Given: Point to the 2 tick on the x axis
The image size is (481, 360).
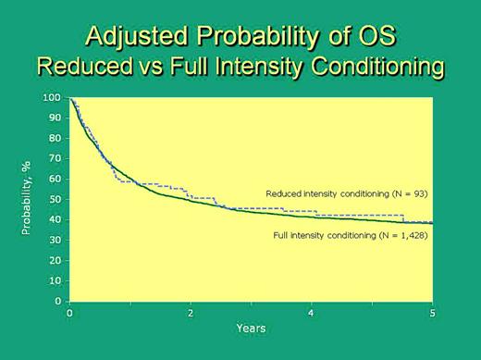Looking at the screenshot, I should [191, 313].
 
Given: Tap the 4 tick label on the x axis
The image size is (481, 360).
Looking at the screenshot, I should [312, 313].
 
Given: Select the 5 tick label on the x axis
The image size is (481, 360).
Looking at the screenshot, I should [432, 313].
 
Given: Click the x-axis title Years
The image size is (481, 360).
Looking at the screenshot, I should [251, 329].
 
